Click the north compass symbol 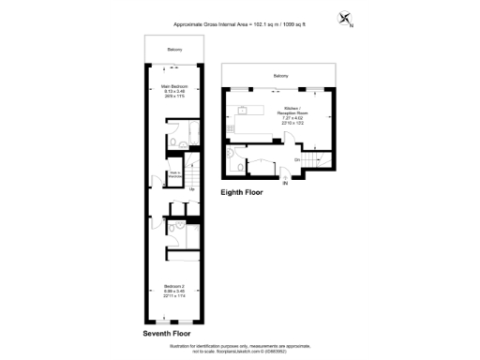coord(346,19)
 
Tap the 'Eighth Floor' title coord(242,192)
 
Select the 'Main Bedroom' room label coord(171,91)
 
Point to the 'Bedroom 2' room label coord(171,292)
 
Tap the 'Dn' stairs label coord(296,160)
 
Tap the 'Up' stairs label coord(191,189)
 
